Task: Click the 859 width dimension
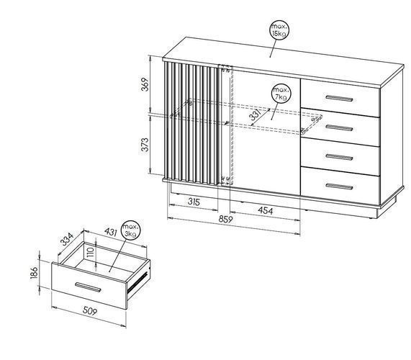tap(226, 220)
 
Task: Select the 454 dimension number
tap(266, 210)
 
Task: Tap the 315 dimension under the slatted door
tap(194, 202)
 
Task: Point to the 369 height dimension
tap(145, 84)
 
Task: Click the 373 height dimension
tap(145, 145)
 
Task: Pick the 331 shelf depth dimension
tap(255, 115)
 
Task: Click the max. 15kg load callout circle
tap(280, 30)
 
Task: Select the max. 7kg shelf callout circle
tap(281, 94)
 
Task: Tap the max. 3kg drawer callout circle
tap(130, 230)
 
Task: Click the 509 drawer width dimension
tap(90, 311)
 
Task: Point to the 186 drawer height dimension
tap(35, 273)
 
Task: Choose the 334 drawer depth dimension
tap(66, 239)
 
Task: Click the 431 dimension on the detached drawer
tap(110, 232)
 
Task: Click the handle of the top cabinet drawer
tap(339, 99)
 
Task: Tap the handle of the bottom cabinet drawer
tap(339, 186)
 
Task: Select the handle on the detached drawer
tap(88, 287)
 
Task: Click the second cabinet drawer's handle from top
tap(339, 128)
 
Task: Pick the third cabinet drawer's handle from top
tap(339, 157)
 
